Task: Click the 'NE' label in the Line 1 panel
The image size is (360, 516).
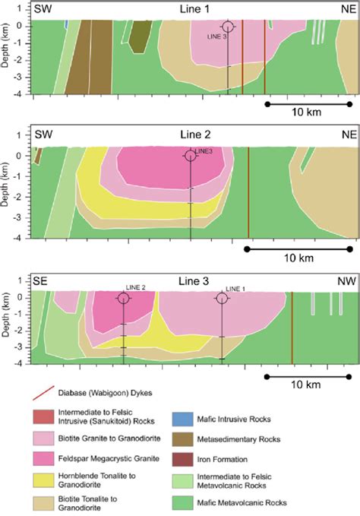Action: coord(342,8)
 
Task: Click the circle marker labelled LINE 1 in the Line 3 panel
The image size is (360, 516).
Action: coord(222,298)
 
